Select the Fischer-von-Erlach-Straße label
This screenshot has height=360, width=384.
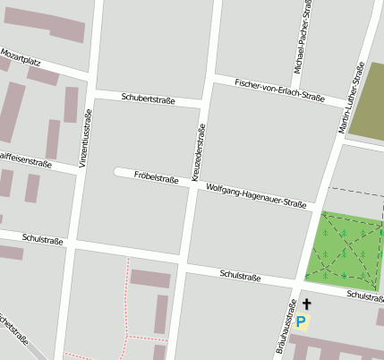tap(278, 89)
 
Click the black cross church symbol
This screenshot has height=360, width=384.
tap(307, 305)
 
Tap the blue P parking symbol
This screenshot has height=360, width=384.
tap(302, 321)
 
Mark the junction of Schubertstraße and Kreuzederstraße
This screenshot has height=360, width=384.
tap(204, 104)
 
